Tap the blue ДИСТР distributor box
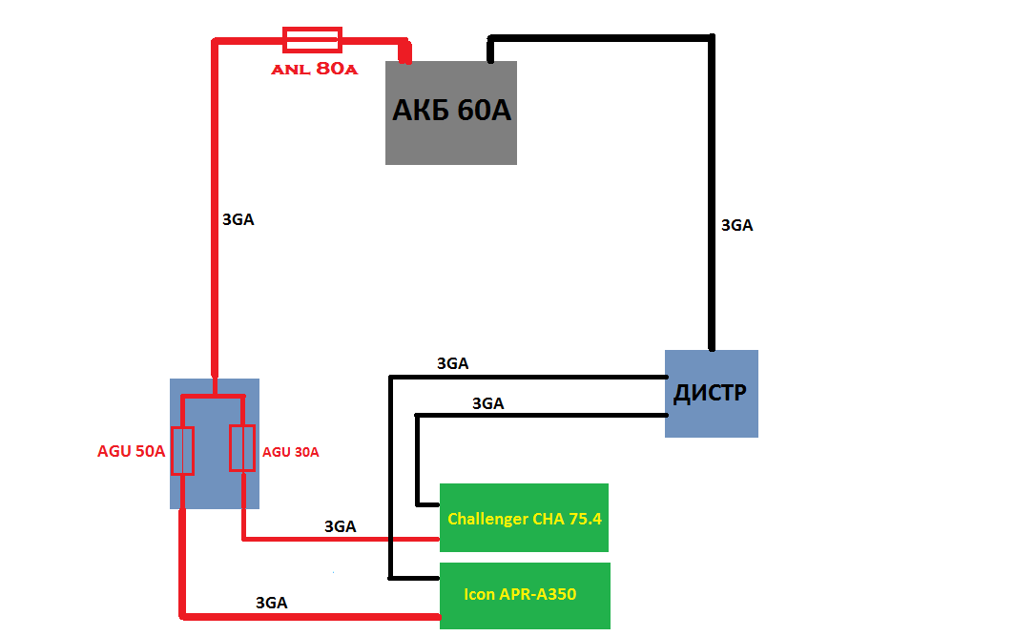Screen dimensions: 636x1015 711,393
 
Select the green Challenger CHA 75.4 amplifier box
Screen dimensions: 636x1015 524,518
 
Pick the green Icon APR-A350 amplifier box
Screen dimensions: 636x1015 524,595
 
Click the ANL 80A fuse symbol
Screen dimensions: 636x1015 312,39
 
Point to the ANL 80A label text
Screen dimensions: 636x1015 314,69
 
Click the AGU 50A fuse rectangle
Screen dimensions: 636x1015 183,451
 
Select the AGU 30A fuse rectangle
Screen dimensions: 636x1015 242,448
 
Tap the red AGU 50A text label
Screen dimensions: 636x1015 132,452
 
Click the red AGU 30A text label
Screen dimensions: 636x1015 291,452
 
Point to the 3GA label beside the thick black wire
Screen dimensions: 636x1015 736,226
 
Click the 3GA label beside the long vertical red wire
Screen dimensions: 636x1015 238,218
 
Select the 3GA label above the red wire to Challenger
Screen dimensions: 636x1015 341,526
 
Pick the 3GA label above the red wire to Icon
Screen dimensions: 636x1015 272,603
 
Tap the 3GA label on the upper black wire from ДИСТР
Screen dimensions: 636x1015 452,363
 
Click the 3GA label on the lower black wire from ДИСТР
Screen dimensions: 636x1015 487,403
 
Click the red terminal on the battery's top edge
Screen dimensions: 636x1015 404,54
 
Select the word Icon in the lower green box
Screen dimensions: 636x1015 479,594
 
